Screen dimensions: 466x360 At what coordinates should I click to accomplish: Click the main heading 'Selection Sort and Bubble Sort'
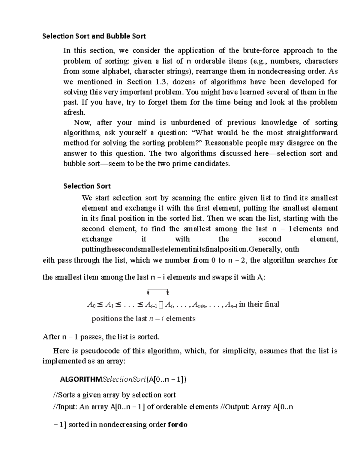point(94,36)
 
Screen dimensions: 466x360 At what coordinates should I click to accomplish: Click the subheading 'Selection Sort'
point(87,186)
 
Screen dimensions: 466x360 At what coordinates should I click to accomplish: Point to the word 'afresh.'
point(74,113)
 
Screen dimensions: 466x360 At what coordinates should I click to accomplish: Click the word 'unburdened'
point(190,122)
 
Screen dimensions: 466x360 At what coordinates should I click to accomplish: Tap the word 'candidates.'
point(212,164)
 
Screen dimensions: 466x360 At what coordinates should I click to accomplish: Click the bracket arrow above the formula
point(158,291)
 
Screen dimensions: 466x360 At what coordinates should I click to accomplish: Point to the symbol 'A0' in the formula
point(91,305)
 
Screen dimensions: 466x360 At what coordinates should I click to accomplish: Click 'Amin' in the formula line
point(198,305)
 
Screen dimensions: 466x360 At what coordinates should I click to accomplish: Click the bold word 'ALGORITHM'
point(81,380)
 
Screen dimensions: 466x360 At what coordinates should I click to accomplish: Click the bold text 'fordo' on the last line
point(178,425)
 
